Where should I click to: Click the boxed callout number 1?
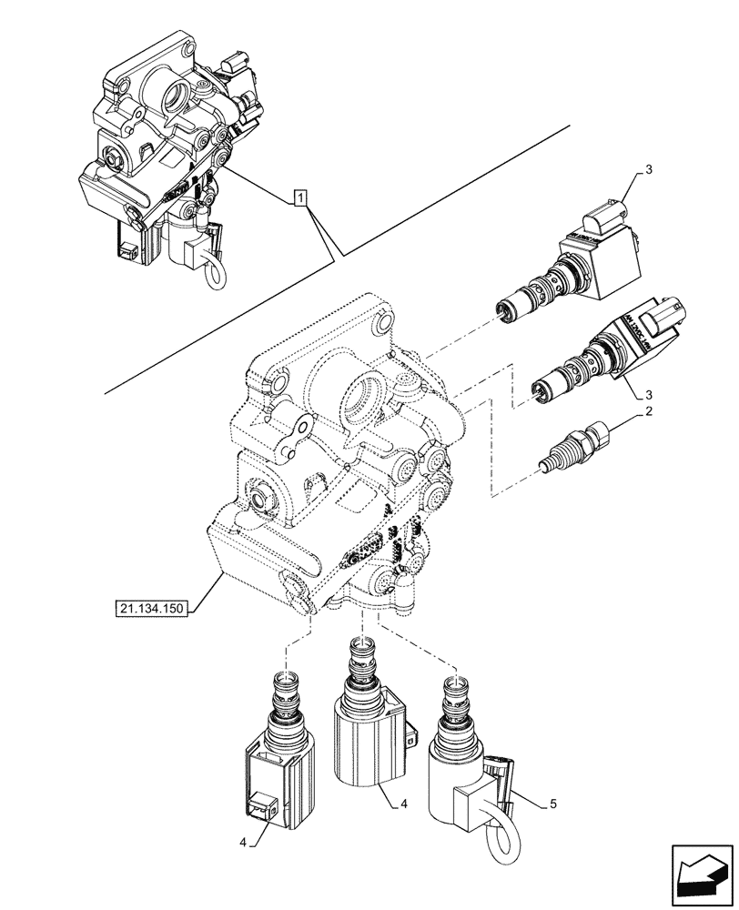pyautogui.click(x=301, y=197)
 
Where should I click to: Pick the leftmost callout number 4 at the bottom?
pyautogui.click(x=241, y=842)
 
